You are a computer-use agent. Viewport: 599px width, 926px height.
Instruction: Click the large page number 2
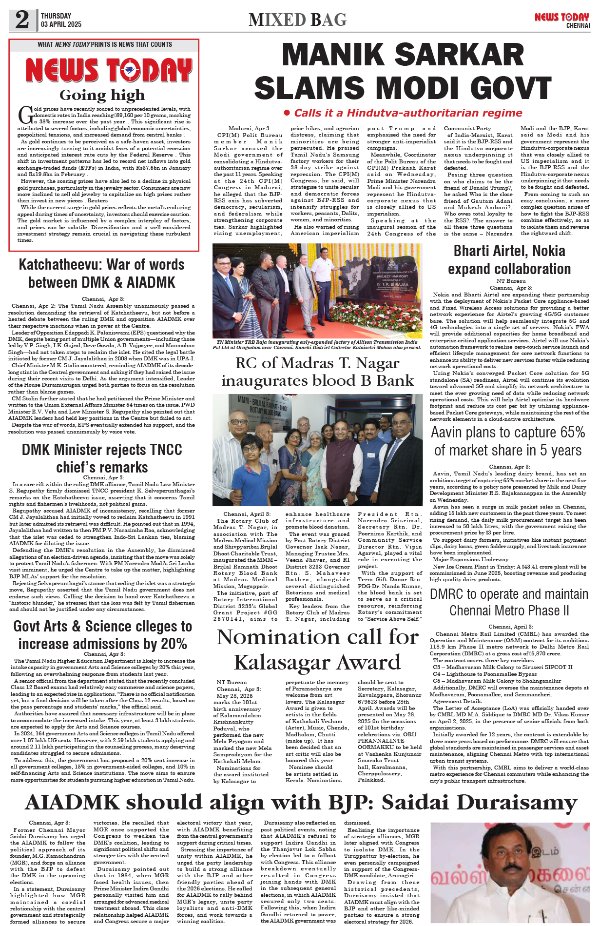point(22,20)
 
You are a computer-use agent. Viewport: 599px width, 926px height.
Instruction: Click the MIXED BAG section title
point(297,20)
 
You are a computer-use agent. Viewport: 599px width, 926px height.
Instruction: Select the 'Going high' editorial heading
point(102,95)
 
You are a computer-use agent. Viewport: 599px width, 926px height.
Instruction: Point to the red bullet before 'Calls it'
point(287,113)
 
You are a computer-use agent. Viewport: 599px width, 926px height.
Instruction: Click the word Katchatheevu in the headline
point(60,265)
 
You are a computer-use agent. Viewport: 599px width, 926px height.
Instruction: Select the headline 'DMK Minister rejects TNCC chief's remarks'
point(102,458)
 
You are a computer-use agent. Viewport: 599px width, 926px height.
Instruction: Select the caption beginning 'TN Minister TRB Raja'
point(317,345)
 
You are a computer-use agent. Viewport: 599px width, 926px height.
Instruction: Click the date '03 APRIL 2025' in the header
point(61,24)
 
